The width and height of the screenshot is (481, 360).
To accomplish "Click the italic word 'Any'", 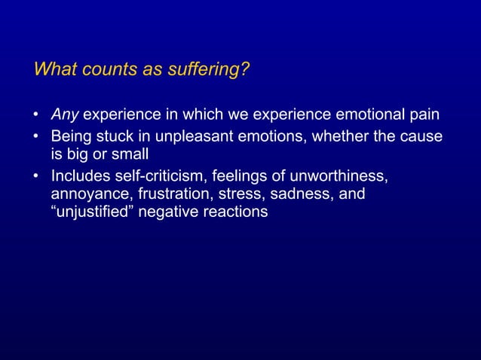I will [x=64, y=115].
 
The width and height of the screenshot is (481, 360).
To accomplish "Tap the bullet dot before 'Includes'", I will [x=37, y=178].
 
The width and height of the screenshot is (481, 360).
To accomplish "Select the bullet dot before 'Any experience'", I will [x=37, y=116].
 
